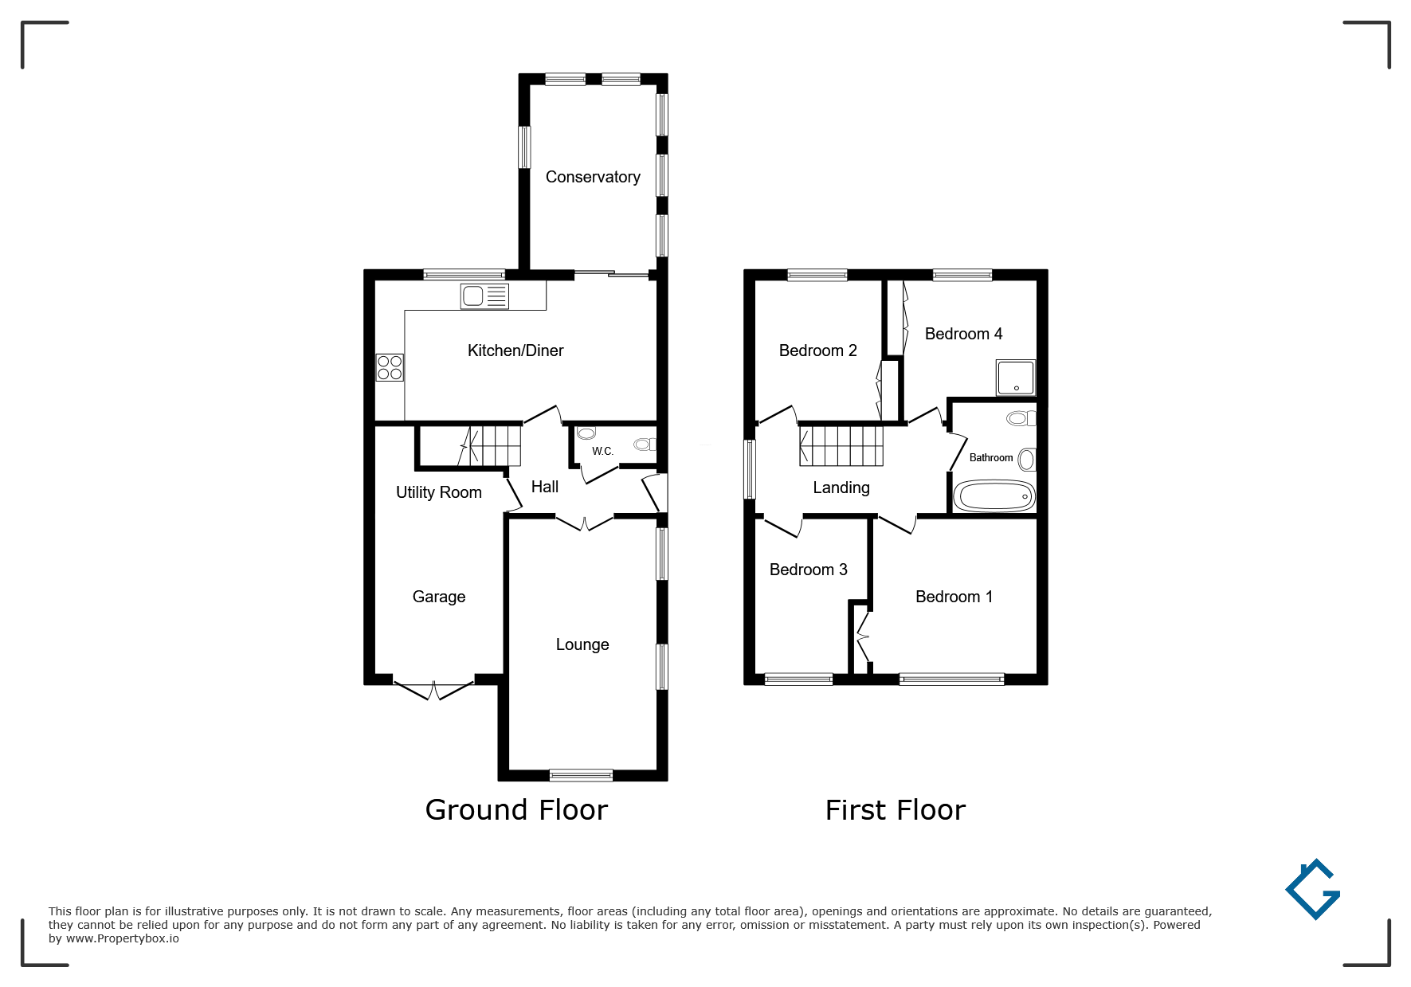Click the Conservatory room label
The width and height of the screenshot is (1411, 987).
click(593, 177)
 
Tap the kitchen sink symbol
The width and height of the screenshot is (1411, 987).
click(484, 296)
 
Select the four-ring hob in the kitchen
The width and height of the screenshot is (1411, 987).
click(390, 367)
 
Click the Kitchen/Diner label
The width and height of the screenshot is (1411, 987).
click(515, 351)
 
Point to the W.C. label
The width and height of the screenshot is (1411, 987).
click(602, 452)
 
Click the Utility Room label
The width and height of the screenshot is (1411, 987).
click(439, 492)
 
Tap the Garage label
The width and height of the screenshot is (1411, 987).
click(439, 597)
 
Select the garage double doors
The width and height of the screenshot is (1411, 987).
click(434, 690)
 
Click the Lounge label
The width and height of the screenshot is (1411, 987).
click(582, 644)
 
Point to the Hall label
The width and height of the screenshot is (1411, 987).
click(545, 487)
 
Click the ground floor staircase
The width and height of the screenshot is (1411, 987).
click(489, 445)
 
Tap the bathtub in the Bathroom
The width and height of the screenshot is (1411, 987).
click(994, 496)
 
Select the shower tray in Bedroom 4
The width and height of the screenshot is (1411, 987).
click(1016, 378)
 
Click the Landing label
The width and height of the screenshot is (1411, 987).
click(841, 488)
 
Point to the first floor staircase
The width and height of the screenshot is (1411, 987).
click(842, 445)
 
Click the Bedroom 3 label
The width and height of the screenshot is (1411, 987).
click(809, 570)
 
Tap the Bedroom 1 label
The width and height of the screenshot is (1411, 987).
click(954, 597)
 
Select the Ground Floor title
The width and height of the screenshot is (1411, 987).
click(516, 810)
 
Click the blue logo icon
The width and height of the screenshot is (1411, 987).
click(1313, 889)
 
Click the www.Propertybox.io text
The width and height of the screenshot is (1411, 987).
click(123, 938)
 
